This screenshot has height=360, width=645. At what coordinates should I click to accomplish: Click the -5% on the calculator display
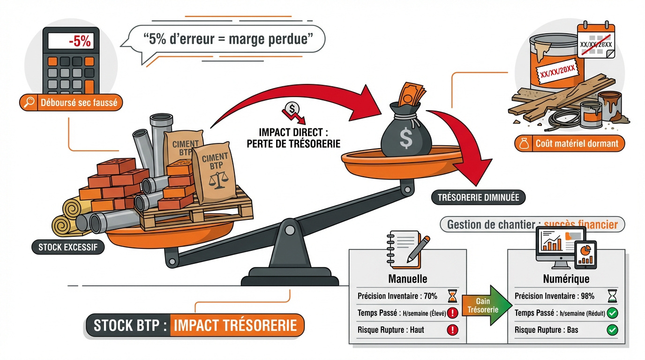pos(80,41)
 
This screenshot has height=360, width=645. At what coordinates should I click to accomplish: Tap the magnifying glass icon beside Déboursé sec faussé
pos(29,102)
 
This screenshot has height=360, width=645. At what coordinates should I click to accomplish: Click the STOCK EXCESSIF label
pos(68,247)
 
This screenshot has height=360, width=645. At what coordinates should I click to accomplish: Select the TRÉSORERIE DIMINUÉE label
pos(478,197)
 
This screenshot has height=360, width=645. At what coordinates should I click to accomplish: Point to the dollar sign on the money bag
pos(406,138)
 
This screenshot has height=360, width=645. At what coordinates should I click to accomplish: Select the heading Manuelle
pos(407,279)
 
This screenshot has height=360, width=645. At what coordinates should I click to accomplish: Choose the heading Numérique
pos(566,279)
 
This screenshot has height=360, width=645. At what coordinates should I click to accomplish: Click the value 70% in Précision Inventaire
pos(430,296)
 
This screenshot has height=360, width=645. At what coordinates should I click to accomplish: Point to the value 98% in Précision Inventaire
pos(588,296)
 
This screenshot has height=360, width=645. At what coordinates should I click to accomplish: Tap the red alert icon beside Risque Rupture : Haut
pos(452,330)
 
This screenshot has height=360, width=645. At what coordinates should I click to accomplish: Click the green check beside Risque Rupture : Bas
pos(612,330)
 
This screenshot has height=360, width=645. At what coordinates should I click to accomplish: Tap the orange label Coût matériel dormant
pos(570,143)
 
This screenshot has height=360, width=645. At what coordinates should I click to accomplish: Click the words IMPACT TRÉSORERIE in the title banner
pos(235,325)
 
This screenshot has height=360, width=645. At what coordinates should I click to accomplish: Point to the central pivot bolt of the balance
pos(290,230)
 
